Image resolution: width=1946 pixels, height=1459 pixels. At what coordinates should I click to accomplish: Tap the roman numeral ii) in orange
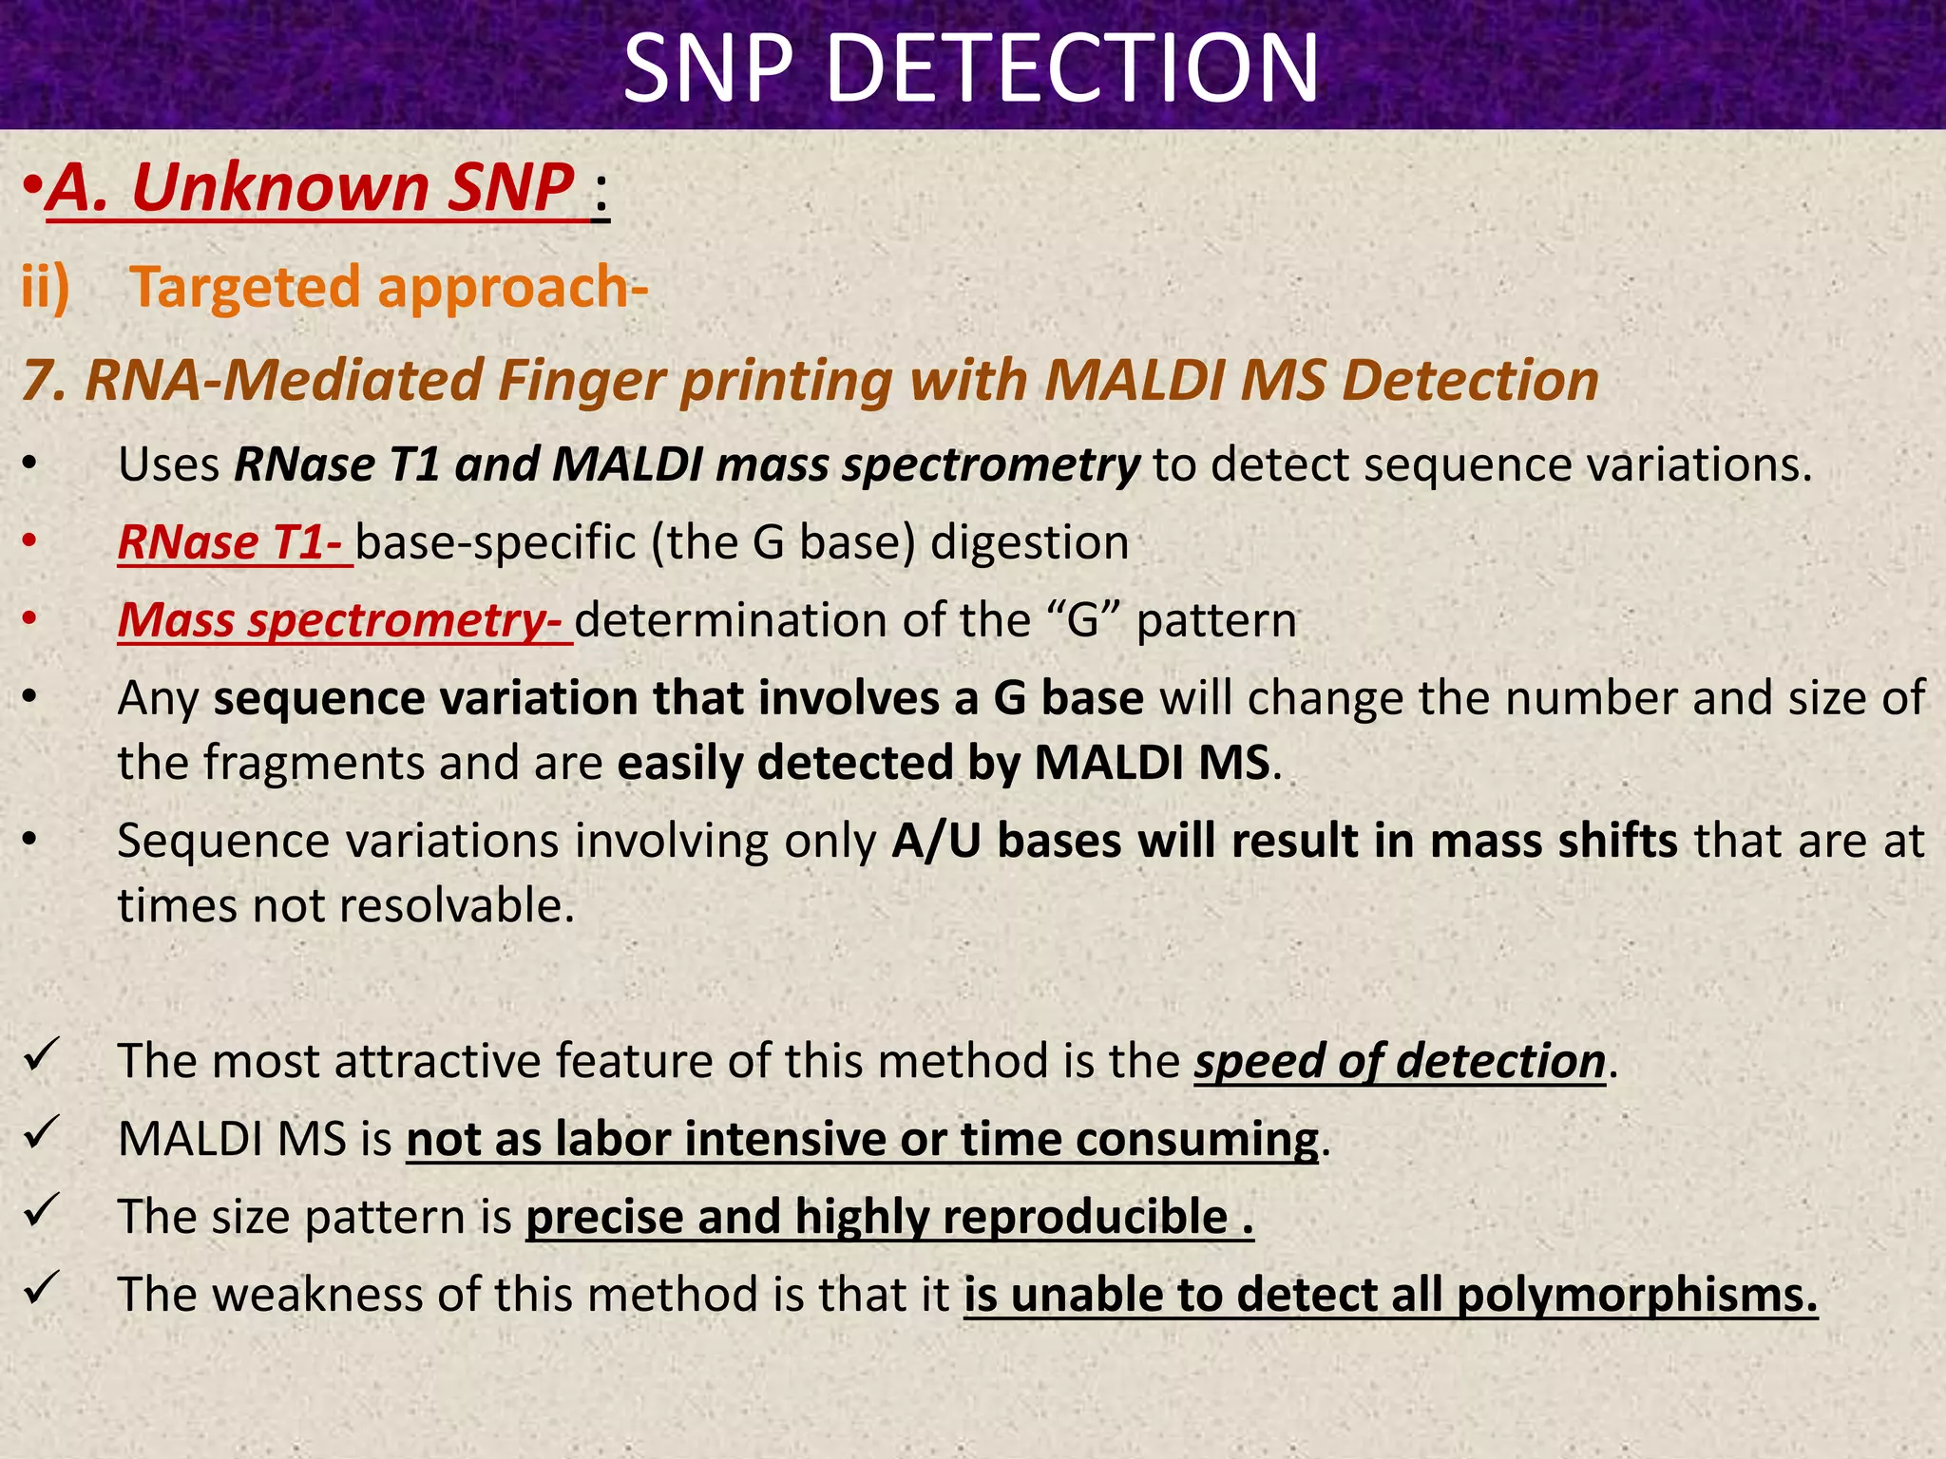46,286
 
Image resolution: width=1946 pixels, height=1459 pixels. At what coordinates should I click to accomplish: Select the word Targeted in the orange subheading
245,288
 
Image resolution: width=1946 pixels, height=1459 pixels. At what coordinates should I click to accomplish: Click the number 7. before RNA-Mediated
43,381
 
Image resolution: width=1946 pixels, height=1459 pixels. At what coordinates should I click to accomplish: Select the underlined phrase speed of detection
1400,1061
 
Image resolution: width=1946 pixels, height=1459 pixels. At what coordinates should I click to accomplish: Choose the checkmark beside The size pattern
42,1211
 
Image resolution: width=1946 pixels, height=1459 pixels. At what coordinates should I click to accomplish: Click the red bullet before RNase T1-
30,541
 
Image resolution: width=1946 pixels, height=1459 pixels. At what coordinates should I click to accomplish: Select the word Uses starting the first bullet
169,465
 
